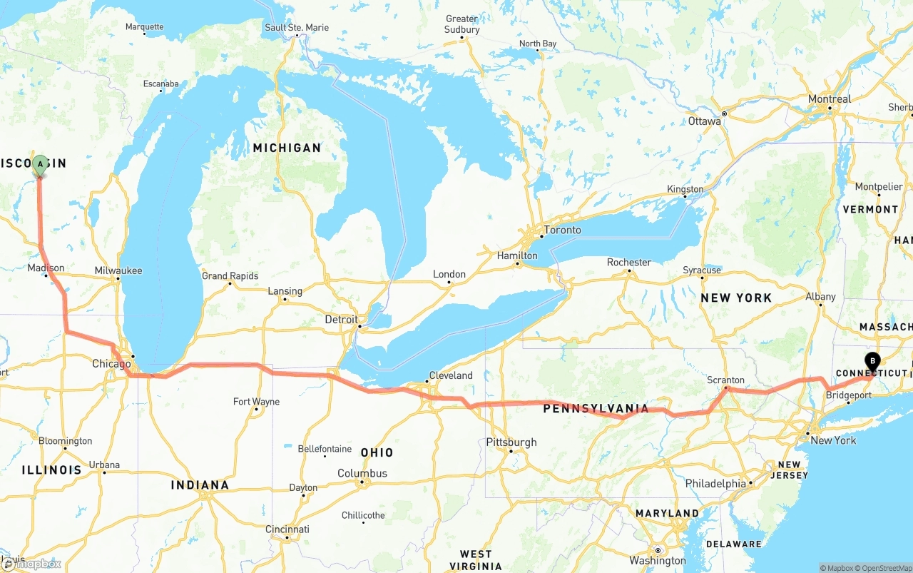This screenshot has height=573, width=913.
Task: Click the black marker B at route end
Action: click(x=872, y=361)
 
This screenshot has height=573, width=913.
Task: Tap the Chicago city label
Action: click(x=111, y=364)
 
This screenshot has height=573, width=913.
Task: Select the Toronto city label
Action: click(x=562, y=230)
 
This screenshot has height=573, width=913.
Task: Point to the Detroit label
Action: click(x=341, y=320)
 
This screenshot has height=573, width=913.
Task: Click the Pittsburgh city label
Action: click(x=511, y=442)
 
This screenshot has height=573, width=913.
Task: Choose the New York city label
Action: click(x=833, y=440)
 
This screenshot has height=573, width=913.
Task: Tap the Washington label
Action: click(x=658, y=560)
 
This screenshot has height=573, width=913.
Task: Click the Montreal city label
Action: click(x=830, y=99)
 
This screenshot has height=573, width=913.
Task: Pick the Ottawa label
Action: click(x=705, y=121)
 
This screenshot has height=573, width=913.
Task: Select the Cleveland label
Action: click(x=451, y=375)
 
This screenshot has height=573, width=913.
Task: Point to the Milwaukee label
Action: click(x=118, y=270)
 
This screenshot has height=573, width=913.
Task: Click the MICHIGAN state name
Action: click(x=287, y=148)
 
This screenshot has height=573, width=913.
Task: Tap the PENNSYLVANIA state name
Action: click(x=596, y=409)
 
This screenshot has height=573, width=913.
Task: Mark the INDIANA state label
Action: click(x=200, y=485)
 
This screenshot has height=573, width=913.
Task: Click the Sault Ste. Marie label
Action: click(x=297, y=28)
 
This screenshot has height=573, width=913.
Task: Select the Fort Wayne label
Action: click(x=257, y=402)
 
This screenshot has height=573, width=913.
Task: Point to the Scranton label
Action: click(x=725, y=380)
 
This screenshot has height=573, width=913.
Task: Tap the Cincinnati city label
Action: click(x=287, y=529)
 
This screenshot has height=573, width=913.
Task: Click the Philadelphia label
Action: click(x=715, y=484)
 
